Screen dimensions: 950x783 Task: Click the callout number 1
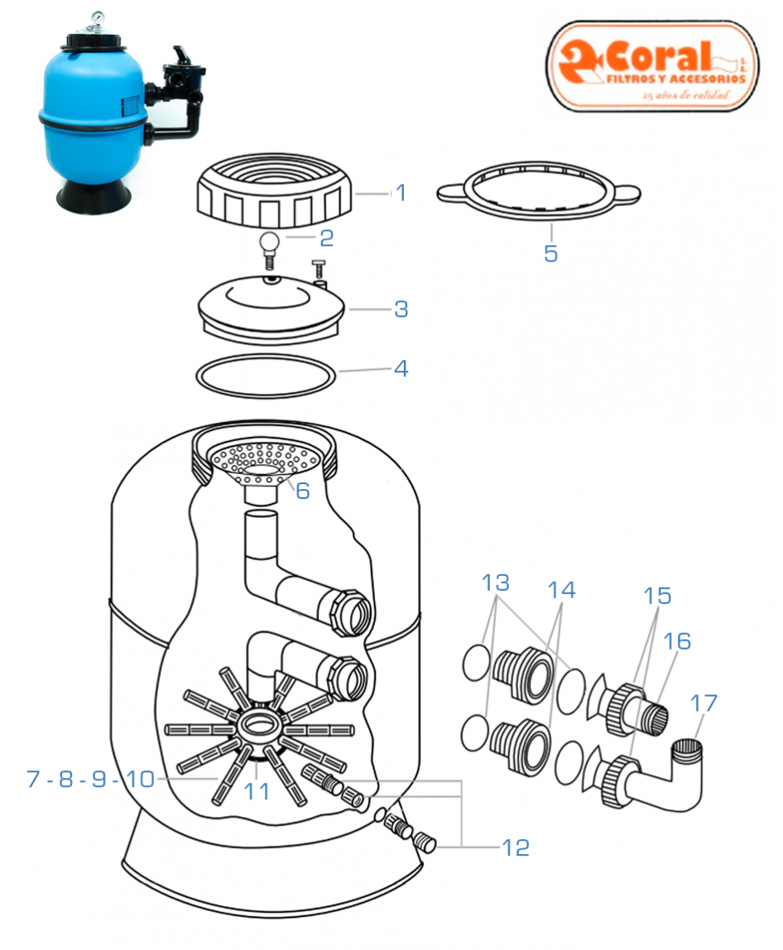click(x=401, y=193)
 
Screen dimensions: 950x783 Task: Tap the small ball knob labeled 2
click(x=269, y=242)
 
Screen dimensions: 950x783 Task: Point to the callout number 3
click(x=401, y=309)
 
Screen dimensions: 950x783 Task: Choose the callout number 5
click(x=550, y=253)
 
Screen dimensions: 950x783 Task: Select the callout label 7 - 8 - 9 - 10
click(x=90, y=779)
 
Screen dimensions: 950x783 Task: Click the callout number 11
click(x=257, y=791)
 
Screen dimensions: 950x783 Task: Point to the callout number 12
click(x=514, y=847)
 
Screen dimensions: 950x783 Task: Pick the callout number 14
click(x=560, y=589)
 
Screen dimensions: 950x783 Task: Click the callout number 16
click(x=676, y=641)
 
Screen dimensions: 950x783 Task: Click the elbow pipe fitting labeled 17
click(x=670, y=778)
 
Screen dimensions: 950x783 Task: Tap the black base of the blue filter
click(x=90, y=194)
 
